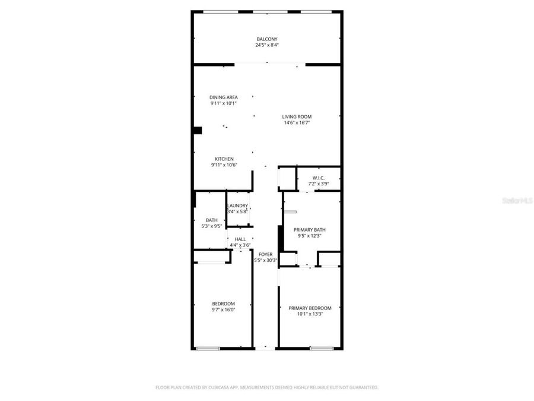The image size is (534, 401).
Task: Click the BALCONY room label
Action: pos(266,39)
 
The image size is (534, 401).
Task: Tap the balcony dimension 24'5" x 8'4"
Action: pos(266,45)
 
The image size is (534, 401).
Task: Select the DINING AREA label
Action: pos(224,97)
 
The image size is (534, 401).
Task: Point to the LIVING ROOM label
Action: pos(297,116)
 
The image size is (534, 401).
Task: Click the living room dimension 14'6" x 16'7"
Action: pos(297,123)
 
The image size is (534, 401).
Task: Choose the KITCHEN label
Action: pos(224,159)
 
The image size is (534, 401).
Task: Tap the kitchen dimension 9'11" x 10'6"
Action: pos(224,165)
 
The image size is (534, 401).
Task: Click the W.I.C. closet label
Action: pos(318,178)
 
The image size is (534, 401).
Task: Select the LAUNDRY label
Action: pos(237,206)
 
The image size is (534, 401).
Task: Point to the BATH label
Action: pos(211,220)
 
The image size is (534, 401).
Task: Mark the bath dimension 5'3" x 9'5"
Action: pos(211,226)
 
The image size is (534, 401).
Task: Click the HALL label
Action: pos(240,239)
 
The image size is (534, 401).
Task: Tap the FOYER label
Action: pos(265,254)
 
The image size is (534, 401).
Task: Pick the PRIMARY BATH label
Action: pos(310,229)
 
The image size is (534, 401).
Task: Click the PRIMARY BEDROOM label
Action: pos(310,308)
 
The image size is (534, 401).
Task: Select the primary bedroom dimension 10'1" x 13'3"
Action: pos(310,314)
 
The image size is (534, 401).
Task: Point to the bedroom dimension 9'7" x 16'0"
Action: pos(223,310)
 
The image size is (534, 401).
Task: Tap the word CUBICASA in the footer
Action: pos(219,387)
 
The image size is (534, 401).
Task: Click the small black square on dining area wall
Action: pos(198,131)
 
